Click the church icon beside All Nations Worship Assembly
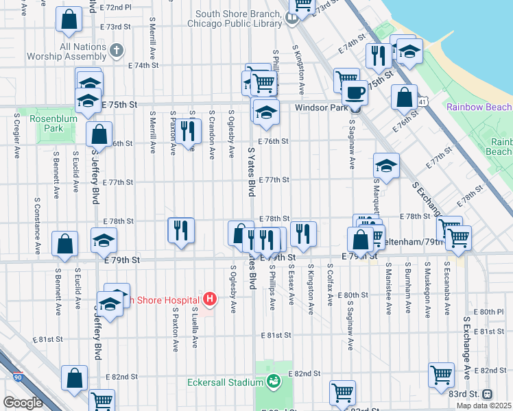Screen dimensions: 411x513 pyautogui.click(x=117, y=51)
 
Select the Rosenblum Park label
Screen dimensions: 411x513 pyautogui.click(x=47, y=123)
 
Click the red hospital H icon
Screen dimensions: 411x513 pyautogui.click(x=211, y=299)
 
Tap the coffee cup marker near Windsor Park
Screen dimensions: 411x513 pyautogui.click(x=355, y=92)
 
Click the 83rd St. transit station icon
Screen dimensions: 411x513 pyautogui.click(x=488, y=394)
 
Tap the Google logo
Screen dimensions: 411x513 pyautogui.click(x=23, y=403)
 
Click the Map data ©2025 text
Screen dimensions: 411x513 pyautogui.click(x=484, y=406)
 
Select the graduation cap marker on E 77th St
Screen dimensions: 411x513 pyautogui.click(x=387, y=166)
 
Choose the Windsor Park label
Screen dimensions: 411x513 pyautogui.click(x=318, y=108)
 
